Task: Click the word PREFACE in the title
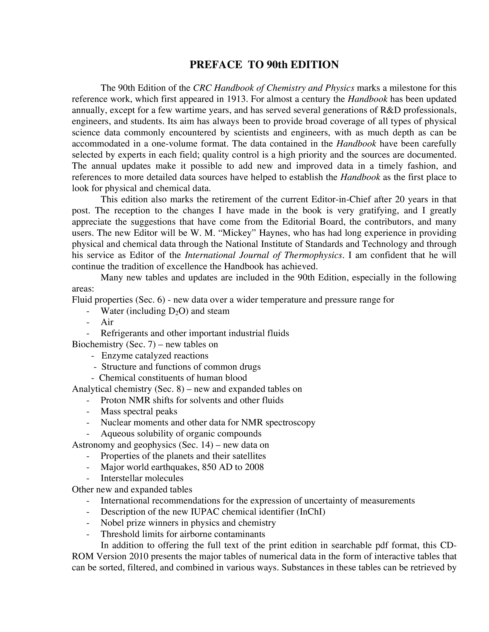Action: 216,65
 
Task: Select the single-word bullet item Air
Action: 107,322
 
